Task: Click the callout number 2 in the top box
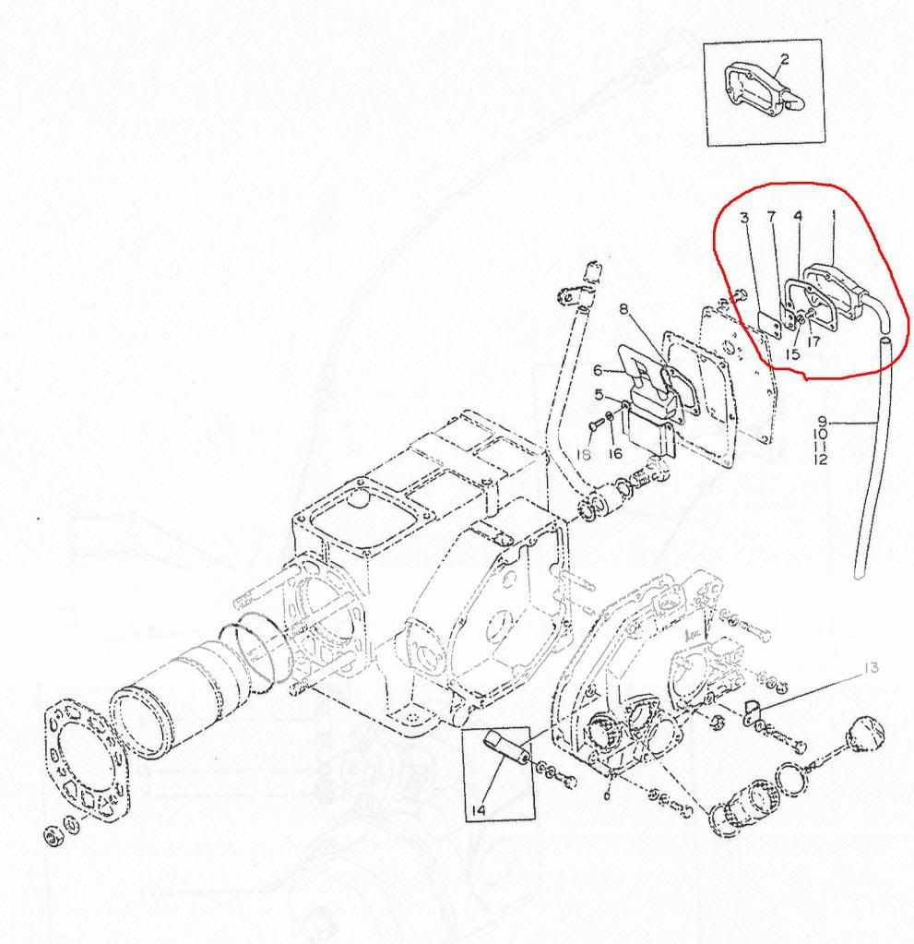tap(785, 59)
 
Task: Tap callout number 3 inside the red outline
tap(745, 218)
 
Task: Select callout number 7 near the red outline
tap(771, 217)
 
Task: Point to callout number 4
tap(798, 216)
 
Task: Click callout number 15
tap(793, 354)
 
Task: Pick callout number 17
tap(813, 342)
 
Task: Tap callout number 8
tap(623, 309)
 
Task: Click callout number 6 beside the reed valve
tap(598, 370)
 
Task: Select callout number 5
tap(599, 395)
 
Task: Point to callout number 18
tap(584, 455)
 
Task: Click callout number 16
tap(615, 454)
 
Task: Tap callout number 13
tap(871, 668)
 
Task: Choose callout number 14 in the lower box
tap(479, 810)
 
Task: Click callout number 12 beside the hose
tap(821, 460)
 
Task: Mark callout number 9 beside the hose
tap(823, 422)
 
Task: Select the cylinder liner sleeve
tap(174, 692)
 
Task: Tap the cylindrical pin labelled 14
tap(507, 746)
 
